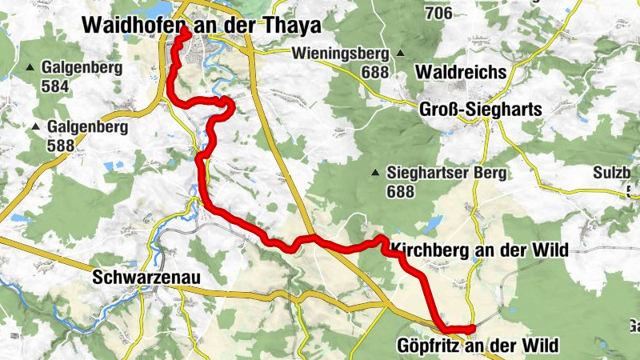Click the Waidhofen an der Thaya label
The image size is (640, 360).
pos(201,26)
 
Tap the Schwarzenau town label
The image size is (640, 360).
pos(146,278)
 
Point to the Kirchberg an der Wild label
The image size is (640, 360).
pos(481,250)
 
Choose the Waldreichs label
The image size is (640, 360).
pos(462,72)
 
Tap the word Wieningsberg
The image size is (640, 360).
pos(340,54)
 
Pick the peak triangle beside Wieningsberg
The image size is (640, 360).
pos(398,54)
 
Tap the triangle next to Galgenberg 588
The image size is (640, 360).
pos(36,126)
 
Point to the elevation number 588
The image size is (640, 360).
pos(62,145)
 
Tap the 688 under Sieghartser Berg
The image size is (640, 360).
pos(400,192)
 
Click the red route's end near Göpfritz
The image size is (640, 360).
pos(472,329)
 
